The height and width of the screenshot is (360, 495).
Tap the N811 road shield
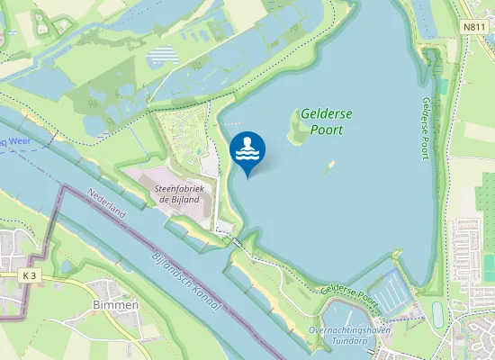[475, 27]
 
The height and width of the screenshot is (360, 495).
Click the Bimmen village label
[116, 305]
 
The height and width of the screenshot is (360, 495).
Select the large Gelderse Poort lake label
[327, 121]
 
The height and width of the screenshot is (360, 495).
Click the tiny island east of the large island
[331, 166]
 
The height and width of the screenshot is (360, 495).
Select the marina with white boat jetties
[393, 290]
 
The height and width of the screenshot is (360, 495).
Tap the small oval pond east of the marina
[438, 314]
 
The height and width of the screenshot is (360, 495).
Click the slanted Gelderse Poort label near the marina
[351, 293]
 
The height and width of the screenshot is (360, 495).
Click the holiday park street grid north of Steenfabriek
[184, 139]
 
